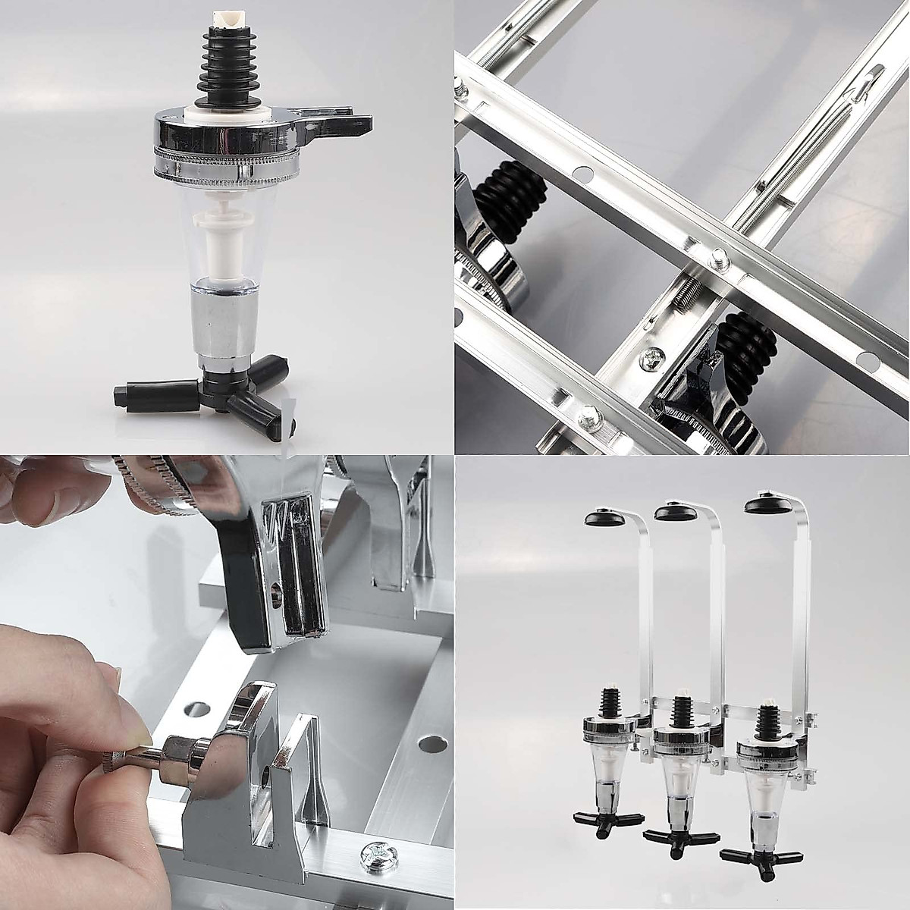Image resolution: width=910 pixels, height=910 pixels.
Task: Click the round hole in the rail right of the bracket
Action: [x=429, y=740]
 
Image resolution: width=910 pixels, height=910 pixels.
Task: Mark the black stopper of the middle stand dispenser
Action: [x=679, y=710]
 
